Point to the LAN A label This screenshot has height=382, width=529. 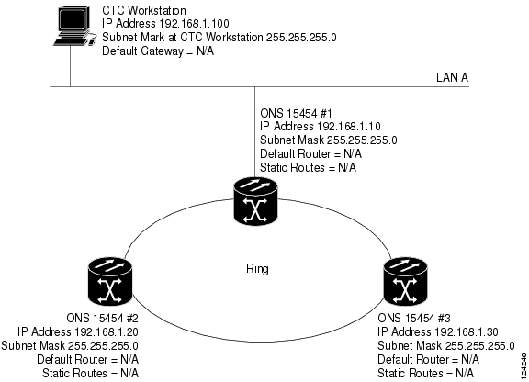point(452,78)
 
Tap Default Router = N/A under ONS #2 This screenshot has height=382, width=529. point(88,359)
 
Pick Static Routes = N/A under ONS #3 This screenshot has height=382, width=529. point(425,373)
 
